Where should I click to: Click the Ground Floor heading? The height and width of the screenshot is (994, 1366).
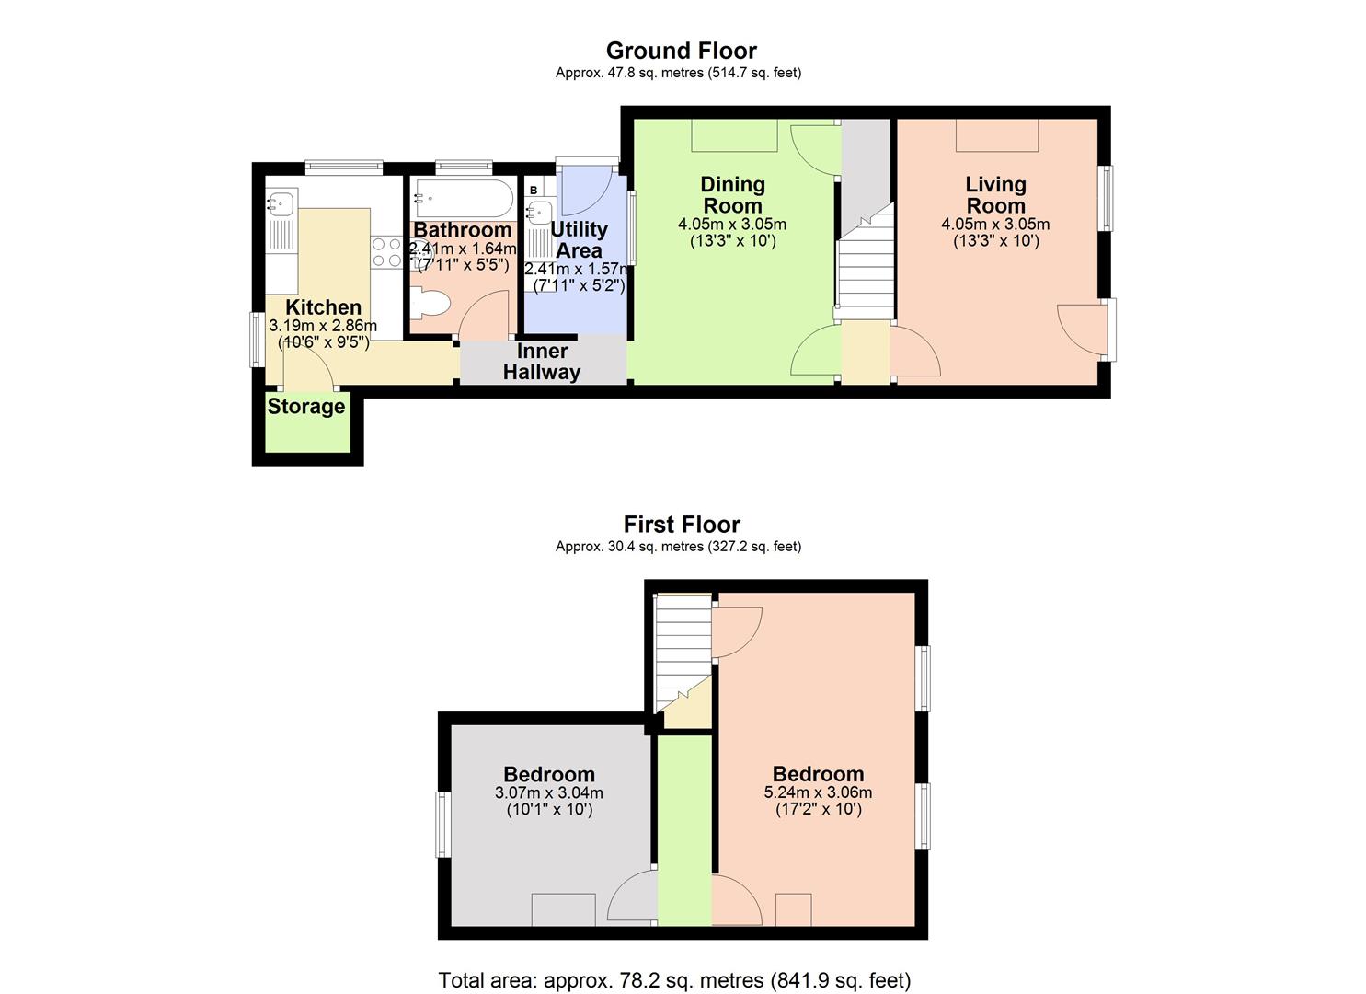681,51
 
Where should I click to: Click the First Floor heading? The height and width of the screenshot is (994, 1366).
681,525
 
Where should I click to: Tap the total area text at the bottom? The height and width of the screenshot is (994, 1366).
674,980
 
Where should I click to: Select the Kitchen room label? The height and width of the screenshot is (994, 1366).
323,307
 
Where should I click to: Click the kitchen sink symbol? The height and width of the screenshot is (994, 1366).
280,202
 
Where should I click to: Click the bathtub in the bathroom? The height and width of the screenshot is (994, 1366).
463,197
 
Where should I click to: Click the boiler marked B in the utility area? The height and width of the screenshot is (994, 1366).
534,190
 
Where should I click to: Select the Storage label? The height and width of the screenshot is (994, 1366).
306,407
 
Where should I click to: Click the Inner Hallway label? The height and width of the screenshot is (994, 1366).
542,362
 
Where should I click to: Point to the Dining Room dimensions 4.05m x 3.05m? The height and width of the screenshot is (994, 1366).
732,224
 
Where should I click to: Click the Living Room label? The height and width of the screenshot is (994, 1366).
995,195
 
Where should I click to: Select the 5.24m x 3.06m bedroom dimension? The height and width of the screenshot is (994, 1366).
818,792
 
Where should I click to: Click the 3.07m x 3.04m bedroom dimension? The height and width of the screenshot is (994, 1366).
549,792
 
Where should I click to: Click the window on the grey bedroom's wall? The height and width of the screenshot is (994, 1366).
443,825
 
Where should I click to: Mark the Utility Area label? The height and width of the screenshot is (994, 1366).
579,239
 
